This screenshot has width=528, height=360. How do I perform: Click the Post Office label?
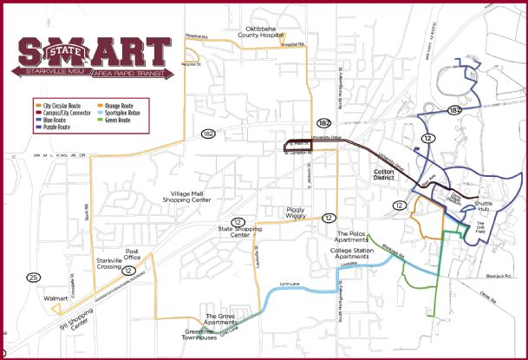[x=132, y=253]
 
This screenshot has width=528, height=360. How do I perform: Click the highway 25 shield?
[x=33, y=277]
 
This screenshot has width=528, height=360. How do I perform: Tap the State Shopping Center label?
[x=234, y=232]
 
